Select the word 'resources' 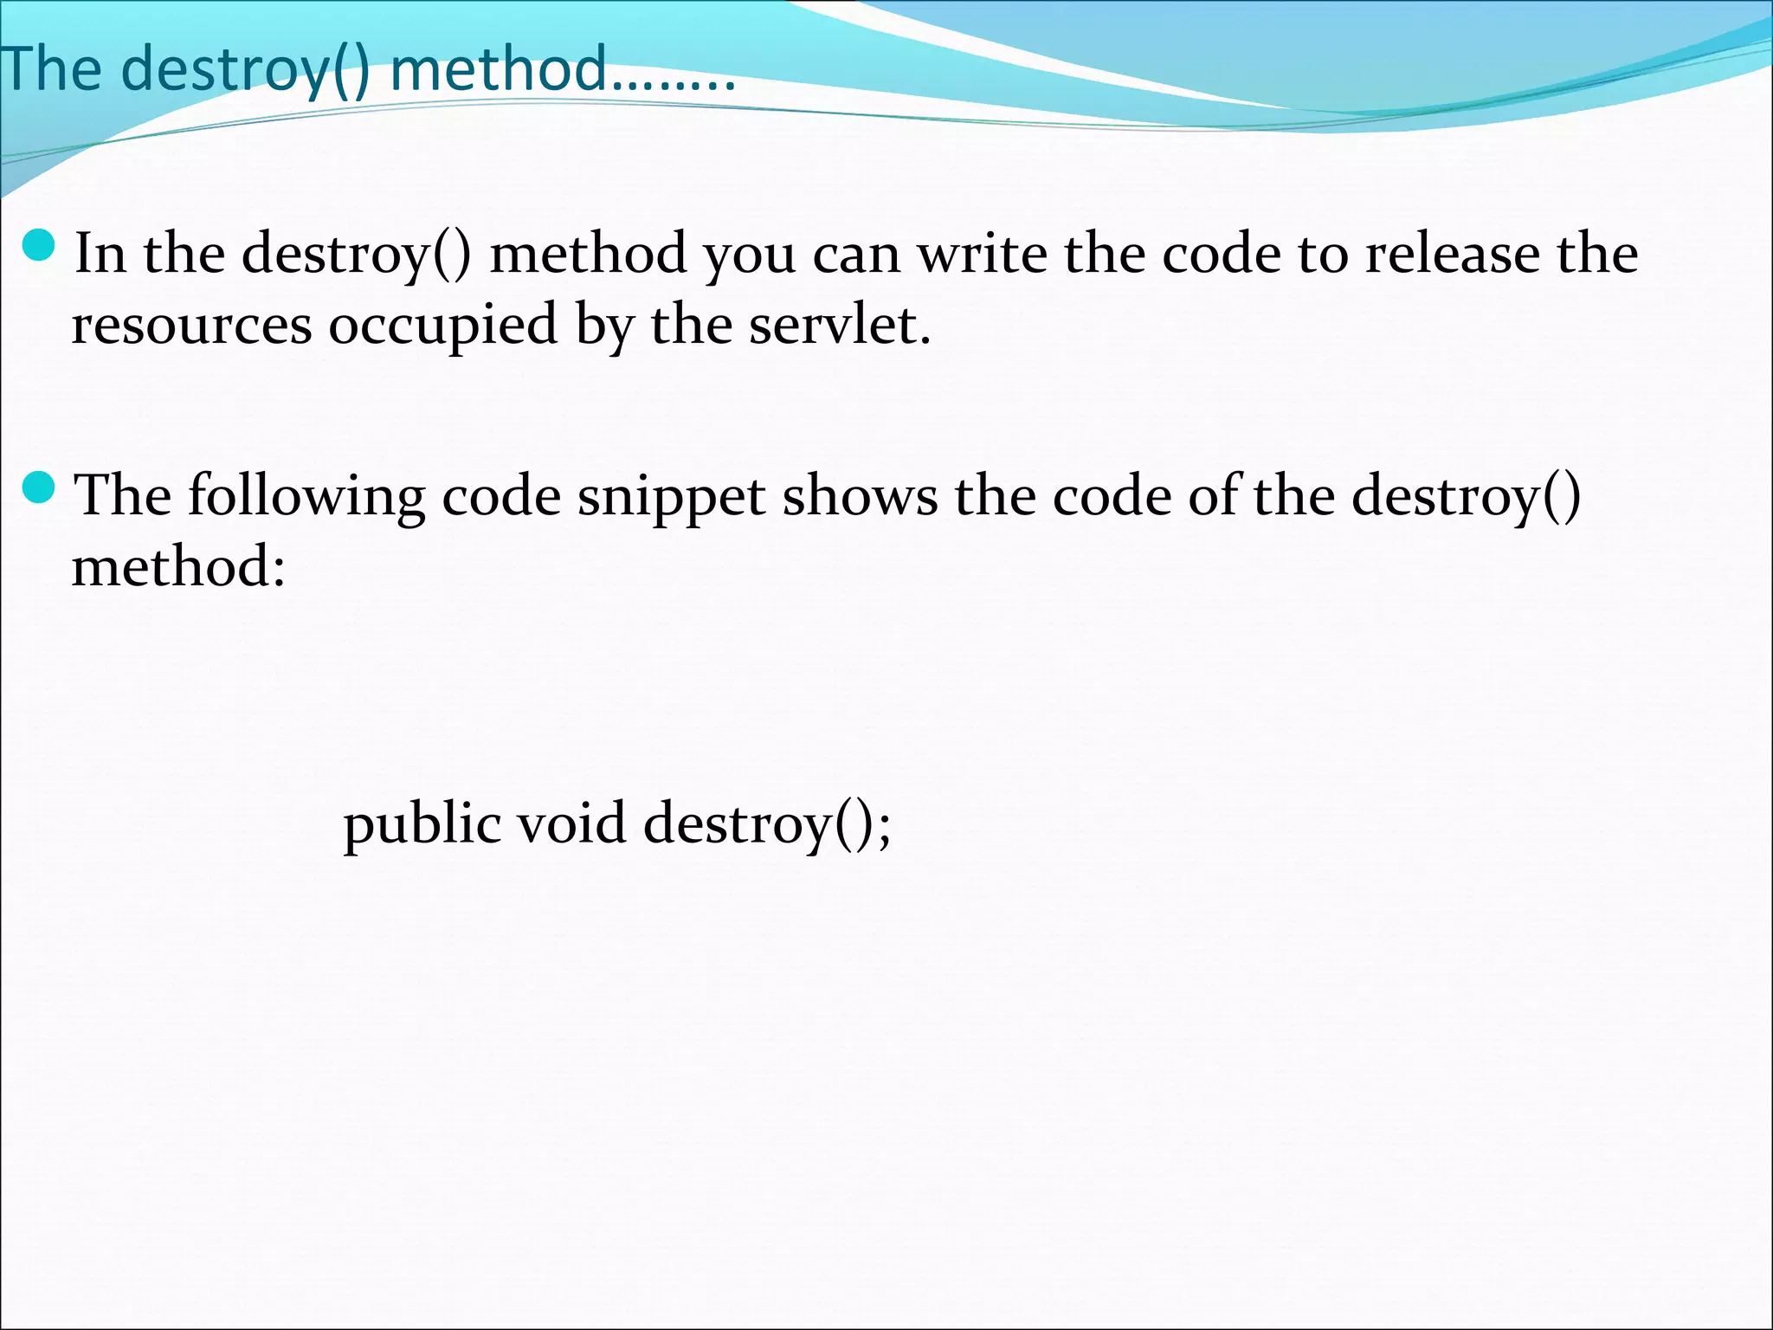[191, 326]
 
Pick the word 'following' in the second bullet [306, 497]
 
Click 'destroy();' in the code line [767, 824]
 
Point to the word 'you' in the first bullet [749, 255]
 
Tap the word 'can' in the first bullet [856, 255]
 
